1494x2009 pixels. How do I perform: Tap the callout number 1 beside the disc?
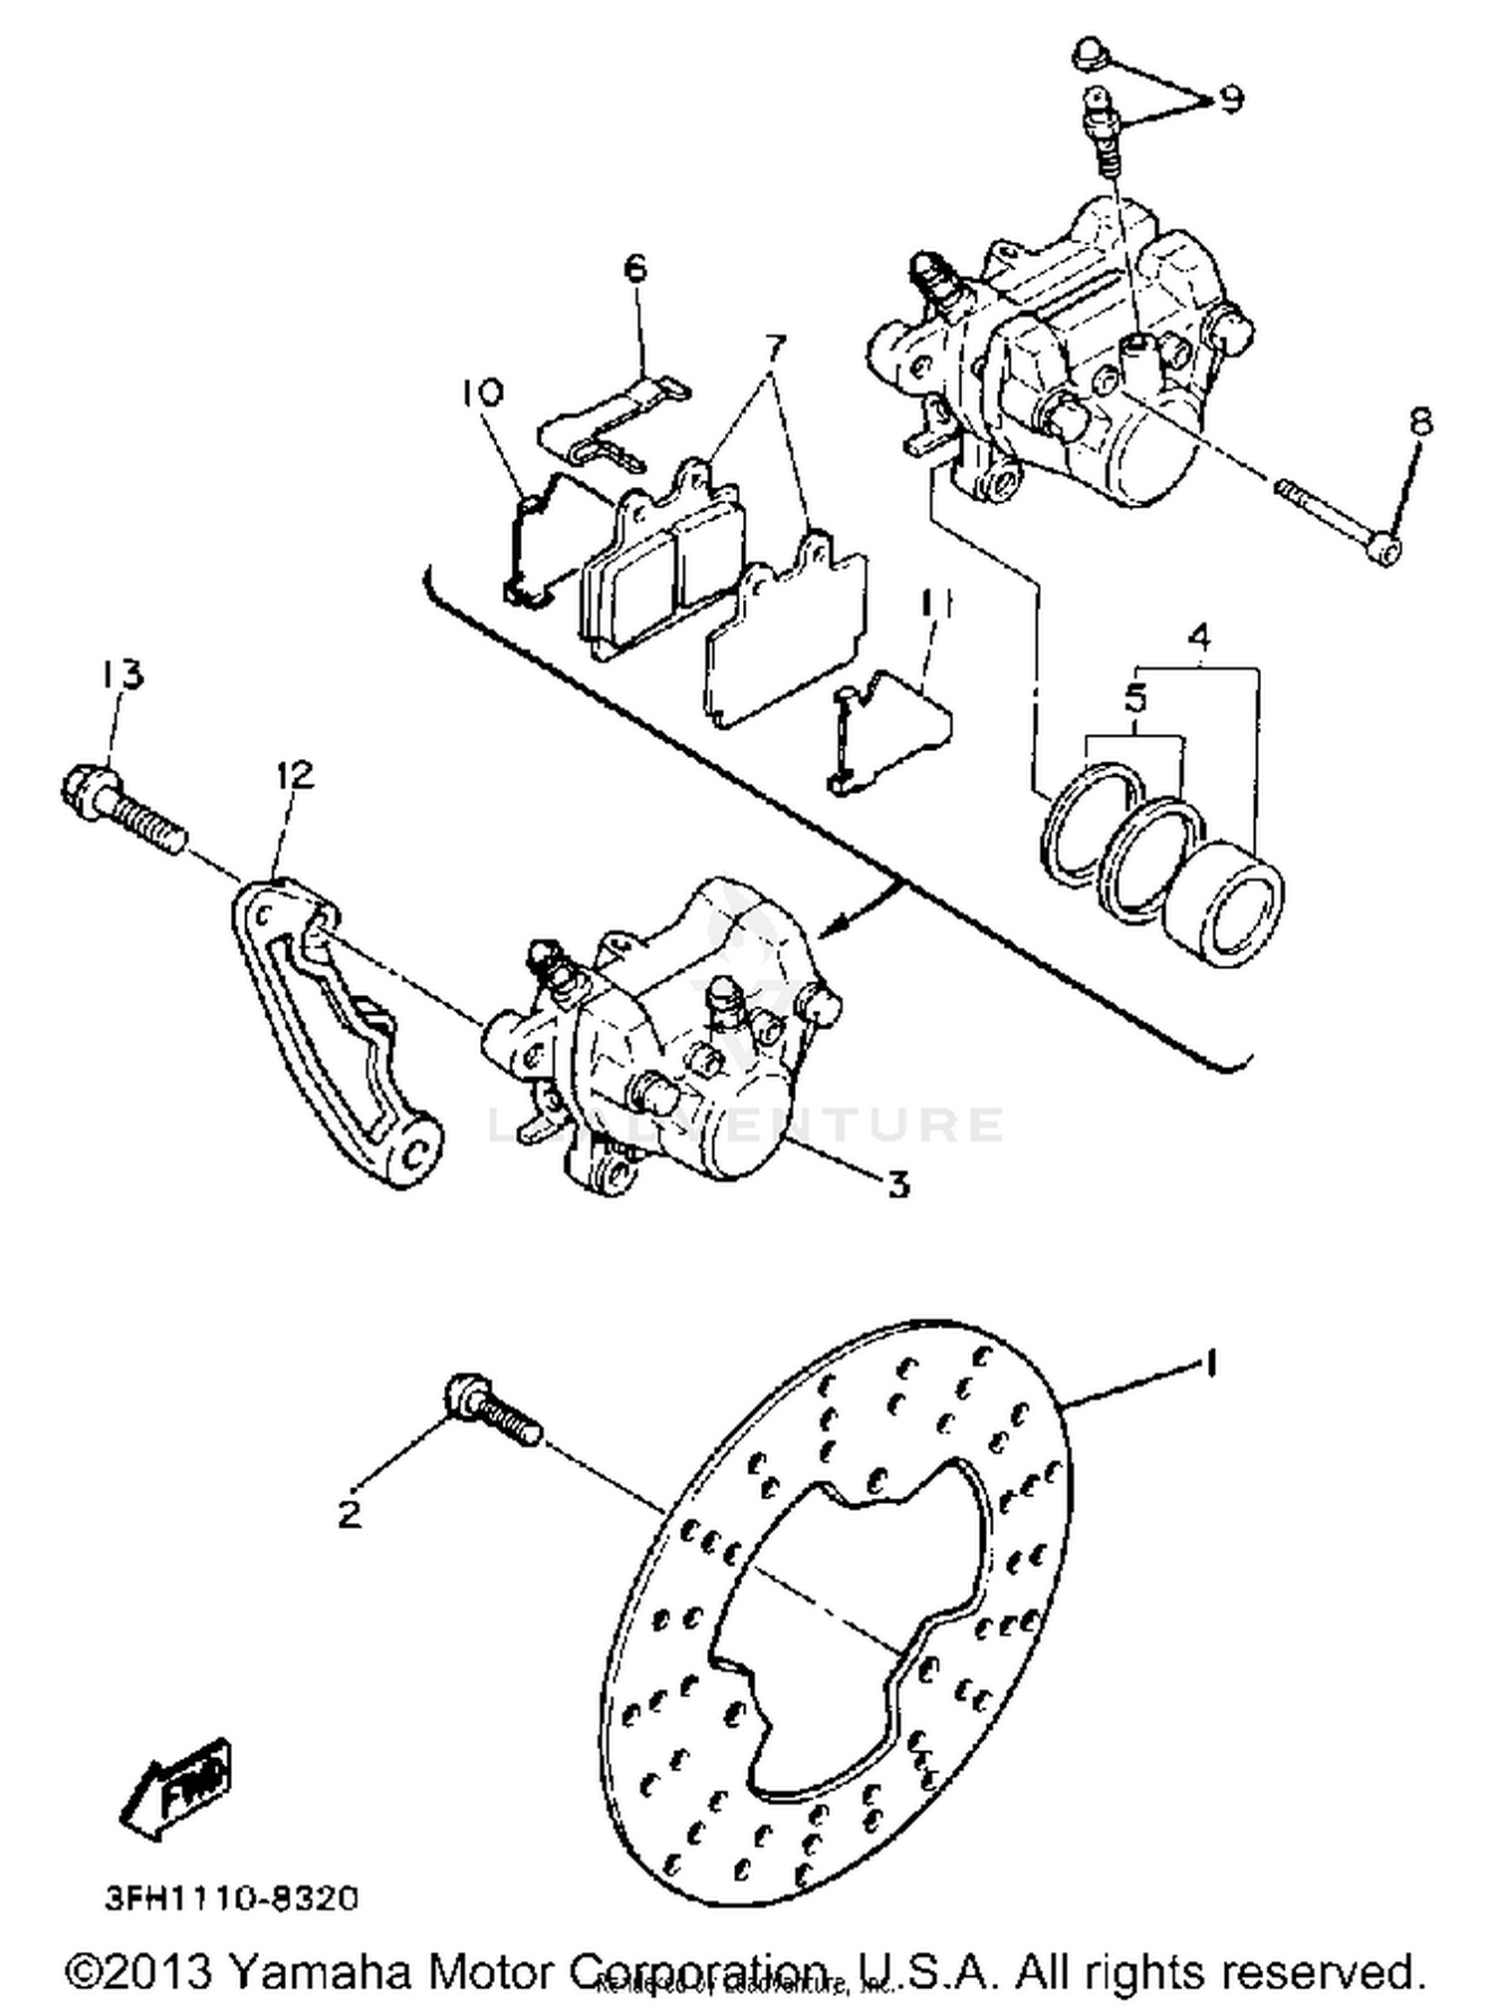[x=1210, y=1364]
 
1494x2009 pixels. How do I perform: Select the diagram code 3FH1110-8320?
[x=232, y=1898]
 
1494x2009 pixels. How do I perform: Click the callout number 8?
[x=1421, y=421]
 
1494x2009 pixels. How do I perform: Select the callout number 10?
[x=482, y=391]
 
